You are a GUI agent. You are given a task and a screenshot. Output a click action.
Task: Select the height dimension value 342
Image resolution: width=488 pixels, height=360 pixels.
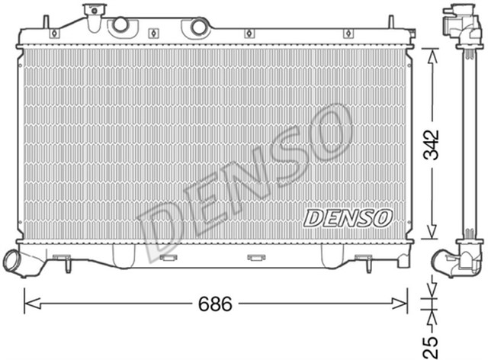431,146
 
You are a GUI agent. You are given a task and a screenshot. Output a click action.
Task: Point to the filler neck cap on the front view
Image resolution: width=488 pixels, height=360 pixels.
94,11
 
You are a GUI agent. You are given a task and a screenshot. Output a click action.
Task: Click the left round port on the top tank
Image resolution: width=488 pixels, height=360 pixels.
120,25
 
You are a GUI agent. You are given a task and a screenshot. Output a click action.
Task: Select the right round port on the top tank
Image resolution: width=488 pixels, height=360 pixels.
199,27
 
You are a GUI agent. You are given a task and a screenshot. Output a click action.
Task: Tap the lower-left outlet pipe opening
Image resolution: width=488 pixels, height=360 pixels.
12,262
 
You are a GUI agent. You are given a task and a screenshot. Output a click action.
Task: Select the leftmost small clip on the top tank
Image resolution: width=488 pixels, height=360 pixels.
53,34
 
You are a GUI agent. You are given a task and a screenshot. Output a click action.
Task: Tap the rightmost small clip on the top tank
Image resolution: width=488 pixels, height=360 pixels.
348,34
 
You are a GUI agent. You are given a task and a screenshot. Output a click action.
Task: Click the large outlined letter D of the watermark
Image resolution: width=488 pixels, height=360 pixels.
162,229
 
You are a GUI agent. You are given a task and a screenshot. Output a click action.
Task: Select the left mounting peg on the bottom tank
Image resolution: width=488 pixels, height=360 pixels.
67,265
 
